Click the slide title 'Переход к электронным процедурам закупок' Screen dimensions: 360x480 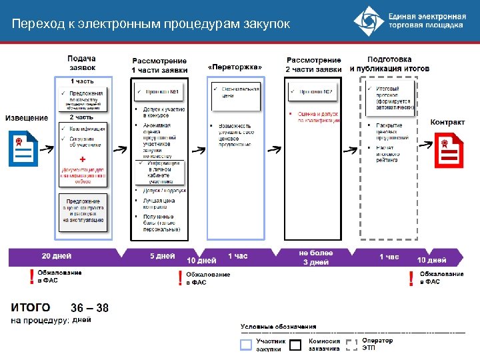(x=151, y=25)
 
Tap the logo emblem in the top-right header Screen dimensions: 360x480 (x=367, y=21)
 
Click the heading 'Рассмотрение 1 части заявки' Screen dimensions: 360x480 (x=159, y=65)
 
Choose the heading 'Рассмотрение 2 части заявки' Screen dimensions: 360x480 (x=313, y=65)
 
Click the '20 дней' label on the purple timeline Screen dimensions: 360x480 (x=57, y=256)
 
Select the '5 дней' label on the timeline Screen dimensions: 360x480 (x=162, y=256)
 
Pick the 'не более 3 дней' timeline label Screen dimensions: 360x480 (x=315, y=257)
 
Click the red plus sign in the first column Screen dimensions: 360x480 (x=82, y=160)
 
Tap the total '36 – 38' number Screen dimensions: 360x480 (x=89, y=307)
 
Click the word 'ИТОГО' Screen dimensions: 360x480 (x=31, y=307)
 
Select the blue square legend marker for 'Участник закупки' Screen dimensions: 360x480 (x=246, y=344)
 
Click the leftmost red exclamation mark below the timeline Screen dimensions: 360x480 (x=31, y=277)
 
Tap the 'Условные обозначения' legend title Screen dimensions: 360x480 (x=278, y=327)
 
